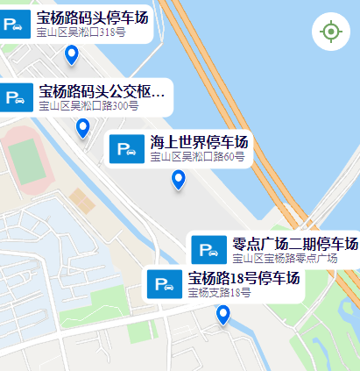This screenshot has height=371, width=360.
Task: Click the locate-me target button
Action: (330, 32)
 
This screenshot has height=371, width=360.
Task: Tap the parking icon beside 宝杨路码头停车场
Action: (15, 24)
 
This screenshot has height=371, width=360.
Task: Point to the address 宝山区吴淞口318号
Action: (82, 32)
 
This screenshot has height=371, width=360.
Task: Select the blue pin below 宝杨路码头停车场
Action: (72, 56)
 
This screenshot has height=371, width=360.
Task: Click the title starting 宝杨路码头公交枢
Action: (102, 91)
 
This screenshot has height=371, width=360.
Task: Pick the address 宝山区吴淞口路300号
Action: (88, 106)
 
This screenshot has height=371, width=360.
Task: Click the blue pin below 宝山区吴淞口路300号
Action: (83, 128)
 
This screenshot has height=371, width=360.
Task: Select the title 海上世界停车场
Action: (199, 142)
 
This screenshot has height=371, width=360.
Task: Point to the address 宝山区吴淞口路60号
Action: (197, 157)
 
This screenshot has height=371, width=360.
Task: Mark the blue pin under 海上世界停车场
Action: (179, 180)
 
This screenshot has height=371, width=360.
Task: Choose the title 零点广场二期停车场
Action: (295, 244)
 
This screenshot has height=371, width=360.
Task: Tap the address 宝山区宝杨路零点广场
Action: (286, 258)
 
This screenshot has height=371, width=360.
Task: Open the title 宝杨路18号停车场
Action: (244, 279)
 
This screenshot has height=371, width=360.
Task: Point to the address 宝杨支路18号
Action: (219, 293)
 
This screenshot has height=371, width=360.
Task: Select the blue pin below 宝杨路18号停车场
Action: (223, 316)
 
